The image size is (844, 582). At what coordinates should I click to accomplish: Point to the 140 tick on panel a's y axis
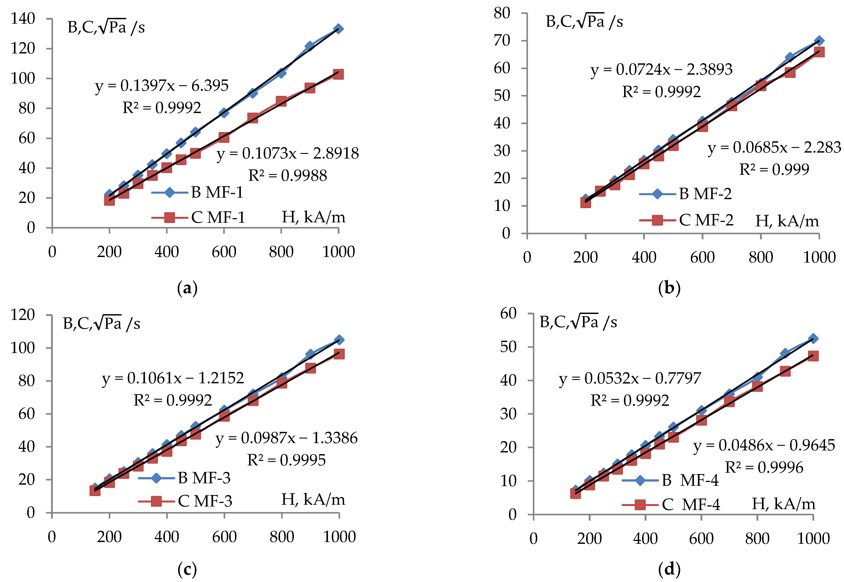(23, 19)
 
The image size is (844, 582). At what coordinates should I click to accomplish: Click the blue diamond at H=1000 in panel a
(338, 29)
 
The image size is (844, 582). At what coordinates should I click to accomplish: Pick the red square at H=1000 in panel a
(338, 74)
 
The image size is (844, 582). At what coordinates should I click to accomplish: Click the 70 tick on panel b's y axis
(502, 40)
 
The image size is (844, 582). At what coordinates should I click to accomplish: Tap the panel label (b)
(669, 288)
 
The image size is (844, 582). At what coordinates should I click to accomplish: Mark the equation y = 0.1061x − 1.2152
(173, 378)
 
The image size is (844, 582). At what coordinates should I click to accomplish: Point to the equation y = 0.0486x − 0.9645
(764, 446)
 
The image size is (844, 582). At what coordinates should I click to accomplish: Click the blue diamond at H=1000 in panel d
(813, 338)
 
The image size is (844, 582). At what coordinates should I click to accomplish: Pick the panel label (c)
(187, 569)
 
